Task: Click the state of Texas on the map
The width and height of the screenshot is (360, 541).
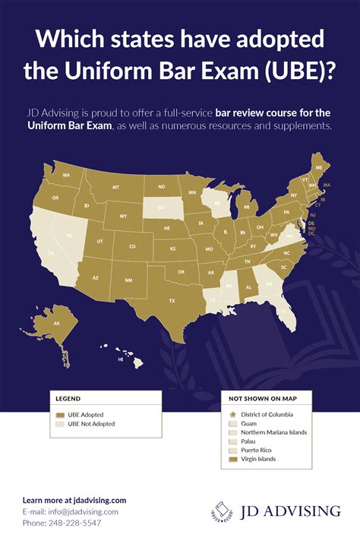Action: click(x=172, y=300)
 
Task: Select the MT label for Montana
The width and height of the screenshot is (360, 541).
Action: click(x=116, y=187)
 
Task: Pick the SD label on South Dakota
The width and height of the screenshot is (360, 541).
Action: click(x=160, y=206)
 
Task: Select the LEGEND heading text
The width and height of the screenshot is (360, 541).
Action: click(x=68, y=397)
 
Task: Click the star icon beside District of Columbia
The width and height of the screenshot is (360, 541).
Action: click(x=232, y=415)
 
